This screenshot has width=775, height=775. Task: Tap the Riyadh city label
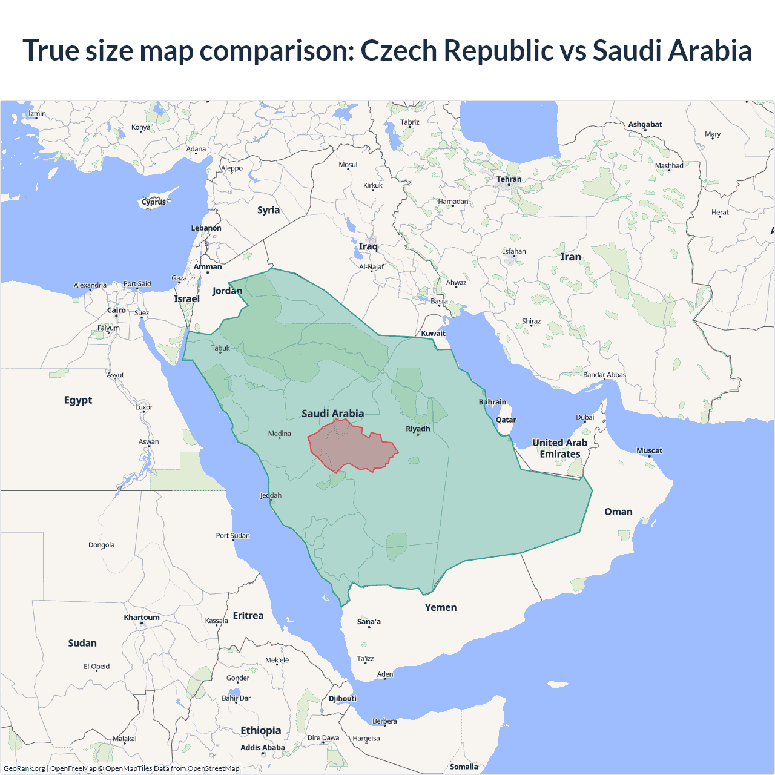click(x=418, y=429)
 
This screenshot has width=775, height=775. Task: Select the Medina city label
click(x=279, y=434)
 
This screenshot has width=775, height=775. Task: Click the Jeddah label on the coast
click(x=271, y=495)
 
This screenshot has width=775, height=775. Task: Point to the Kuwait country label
click(x=433, y=333)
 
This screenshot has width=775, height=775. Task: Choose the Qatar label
click(x=506, y=420)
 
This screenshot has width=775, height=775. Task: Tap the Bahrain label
click(x=492, y=402)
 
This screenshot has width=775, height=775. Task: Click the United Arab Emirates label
click(x=559, y=449)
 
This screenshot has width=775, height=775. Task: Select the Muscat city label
click(x=649, y=450)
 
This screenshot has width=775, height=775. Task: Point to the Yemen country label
click(x=441, y=607)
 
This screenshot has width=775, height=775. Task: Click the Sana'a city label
click(x=369, y=621)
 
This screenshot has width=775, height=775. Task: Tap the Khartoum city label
click(x=142, y=618)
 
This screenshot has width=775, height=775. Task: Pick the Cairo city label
click(x=116, y=310)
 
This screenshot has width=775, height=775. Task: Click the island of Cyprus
click(x=154, y=202)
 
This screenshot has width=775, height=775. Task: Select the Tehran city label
click(x=509, y=179)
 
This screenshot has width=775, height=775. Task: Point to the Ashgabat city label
click(x=645, y=124)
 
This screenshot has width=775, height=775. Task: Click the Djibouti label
click(x=343, y=698)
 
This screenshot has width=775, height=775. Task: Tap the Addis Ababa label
click(x=262, y=747)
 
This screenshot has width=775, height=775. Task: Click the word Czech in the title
click(x=398, y=50)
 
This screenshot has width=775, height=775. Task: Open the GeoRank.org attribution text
click(x=24, y=768)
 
